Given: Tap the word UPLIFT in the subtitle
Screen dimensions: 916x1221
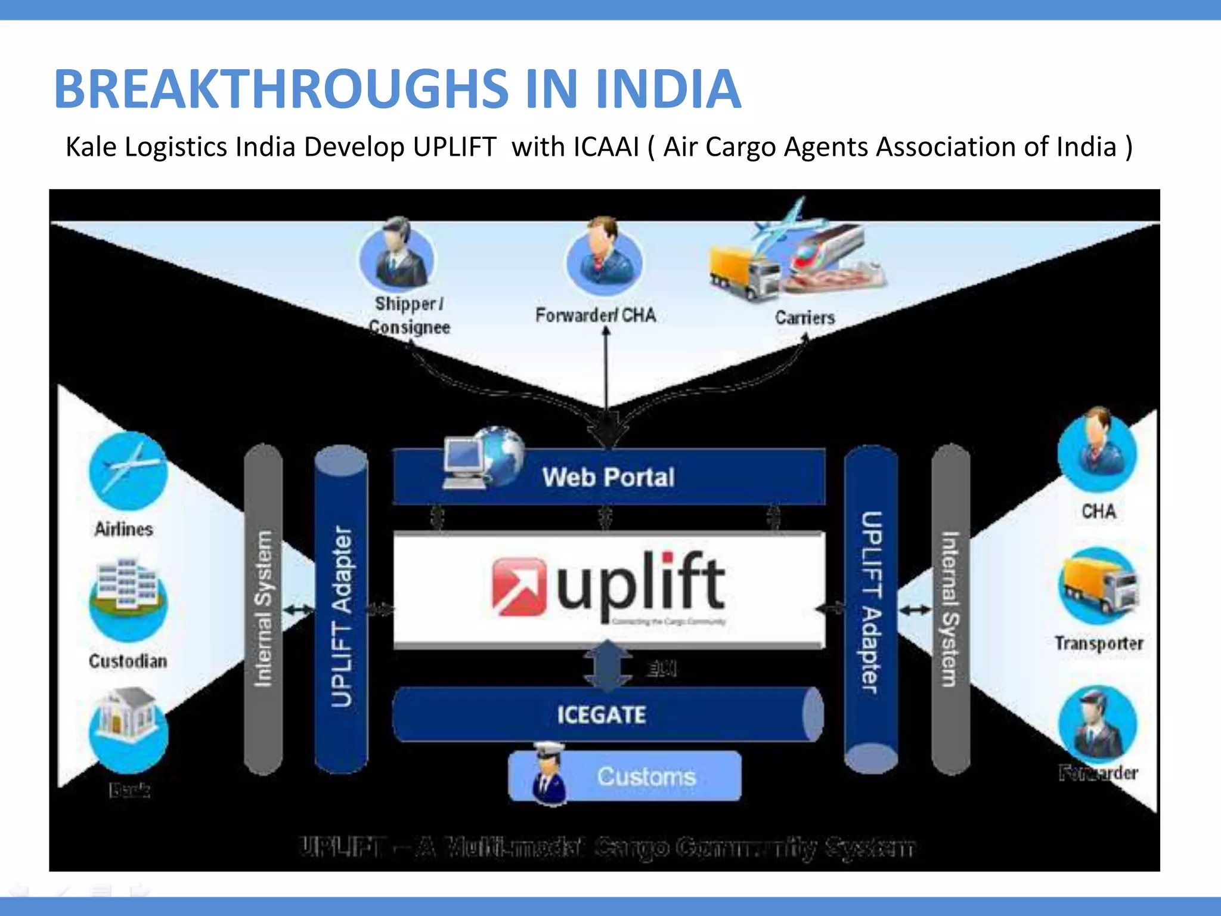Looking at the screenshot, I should (x=454, y=147).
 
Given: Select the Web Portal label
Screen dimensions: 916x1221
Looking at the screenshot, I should (x=608, y=477).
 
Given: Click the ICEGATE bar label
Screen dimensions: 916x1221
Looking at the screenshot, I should (x=601, y=714).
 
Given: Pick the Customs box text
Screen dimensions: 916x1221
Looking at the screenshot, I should (x=646, y=776).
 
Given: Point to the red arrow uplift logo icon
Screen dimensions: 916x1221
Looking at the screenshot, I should (x=517, y=587).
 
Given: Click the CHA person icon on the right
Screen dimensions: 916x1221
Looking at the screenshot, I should (x=1097, y=450).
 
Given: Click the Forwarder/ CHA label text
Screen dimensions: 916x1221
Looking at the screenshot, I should (x=595, y=315).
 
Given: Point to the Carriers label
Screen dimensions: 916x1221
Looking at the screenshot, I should (x=804, y=318).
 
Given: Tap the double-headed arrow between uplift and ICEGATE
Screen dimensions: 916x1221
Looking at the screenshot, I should (x=607, y=667).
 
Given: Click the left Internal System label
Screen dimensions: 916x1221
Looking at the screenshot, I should (x=263, y=608).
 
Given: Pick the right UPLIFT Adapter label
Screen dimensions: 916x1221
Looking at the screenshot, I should (x=871, y=602).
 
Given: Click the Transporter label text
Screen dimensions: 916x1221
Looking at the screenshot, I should (x=1098, y=643).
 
